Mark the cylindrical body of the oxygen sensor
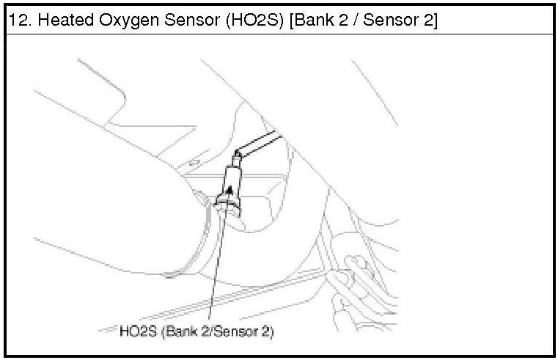click(x=232, y=180)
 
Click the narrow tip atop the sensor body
click(x=236, y=158)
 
